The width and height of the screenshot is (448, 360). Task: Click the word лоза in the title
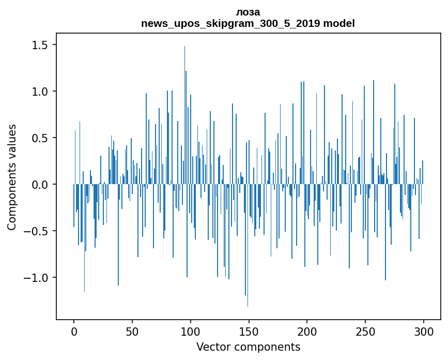248,12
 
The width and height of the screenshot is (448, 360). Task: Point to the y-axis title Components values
12,177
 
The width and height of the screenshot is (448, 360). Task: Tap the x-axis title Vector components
248,347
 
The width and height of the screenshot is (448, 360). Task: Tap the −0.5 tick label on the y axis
38,231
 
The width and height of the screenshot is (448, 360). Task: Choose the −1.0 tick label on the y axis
38,278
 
